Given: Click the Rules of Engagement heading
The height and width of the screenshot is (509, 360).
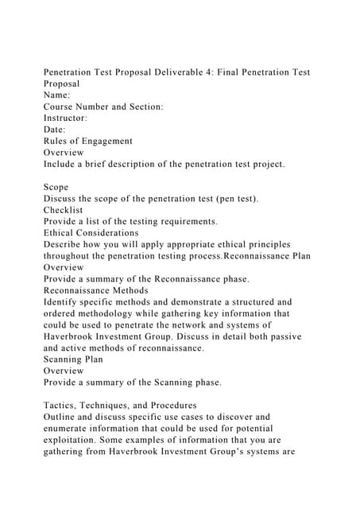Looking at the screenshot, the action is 87,141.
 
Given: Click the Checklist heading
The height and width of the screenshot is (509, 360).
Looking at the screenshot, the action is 64,210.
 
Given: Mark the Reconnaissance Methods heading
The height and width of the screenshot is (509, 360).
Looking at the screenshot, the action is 95,290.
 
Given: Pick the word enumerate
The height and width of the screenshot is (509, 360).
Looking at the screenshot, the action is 72,429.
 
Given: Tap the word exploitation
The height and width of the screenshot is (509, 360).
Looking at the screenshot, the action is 76,440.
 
